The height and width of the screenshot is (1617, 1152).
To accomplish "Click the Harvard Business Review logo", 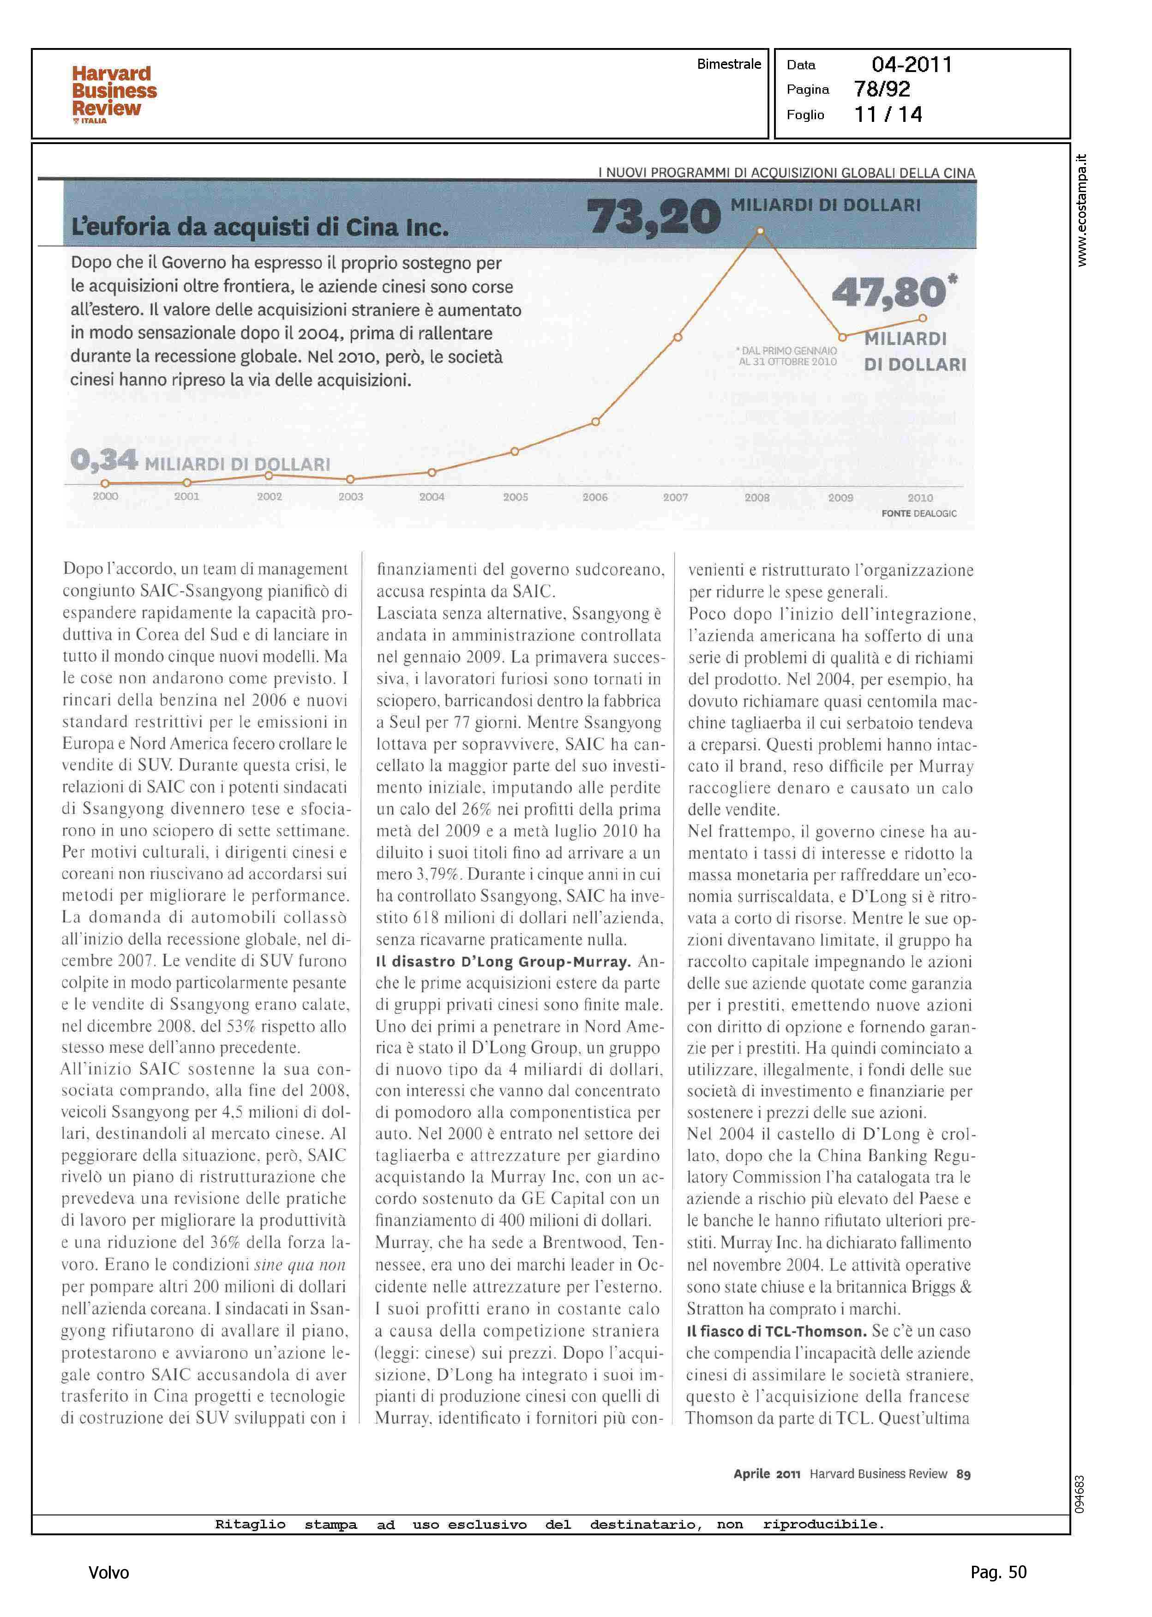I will coord(114,94).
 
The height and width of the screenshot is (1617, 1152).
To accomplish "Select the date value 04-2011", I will coord(912,65).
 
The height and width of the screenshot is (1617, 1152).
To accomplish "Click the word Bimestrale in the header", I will coord(728,64).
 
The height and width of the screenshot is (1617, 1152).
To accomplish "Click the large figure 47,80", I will coord(889,292).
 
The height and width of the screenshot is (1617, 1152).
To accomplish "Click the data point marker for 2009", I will coord(842,337).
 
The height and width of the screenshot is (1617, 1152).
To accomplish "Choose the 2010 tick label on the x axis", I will coord(920,498).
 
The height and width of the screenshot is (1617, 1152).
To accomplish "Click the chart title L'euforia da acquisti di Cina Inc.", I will coord(260,227).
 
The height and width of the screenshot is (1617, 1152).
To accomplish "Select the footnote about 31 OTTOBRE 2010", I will coord(787,356).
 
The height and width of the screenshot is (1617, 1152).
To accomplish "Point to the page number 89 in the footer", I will coord(963,1474).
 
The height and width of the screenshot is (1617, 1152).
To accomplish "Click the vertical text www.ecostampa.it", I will coord(1081,210).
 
